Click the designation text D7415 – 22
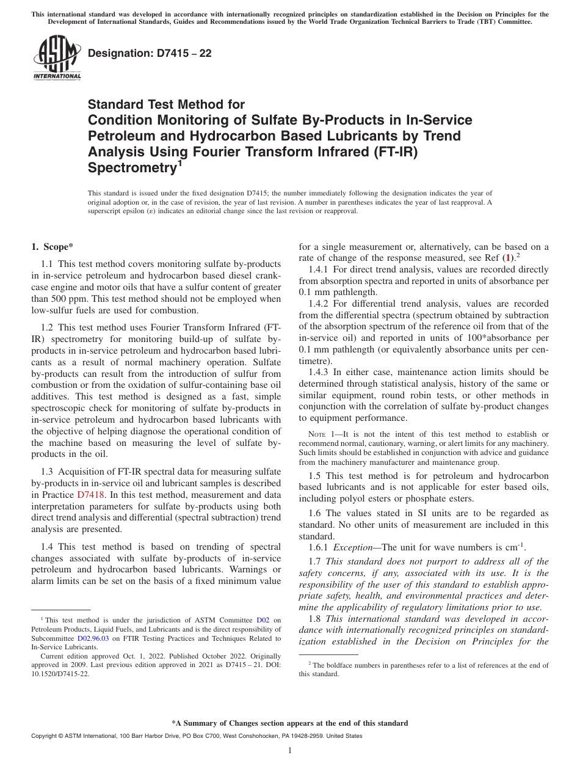[150, 53]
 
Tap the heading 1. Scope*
[52, 247]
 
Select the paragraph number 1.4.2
[320, 304]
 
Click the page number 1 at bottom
[290, 751]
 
